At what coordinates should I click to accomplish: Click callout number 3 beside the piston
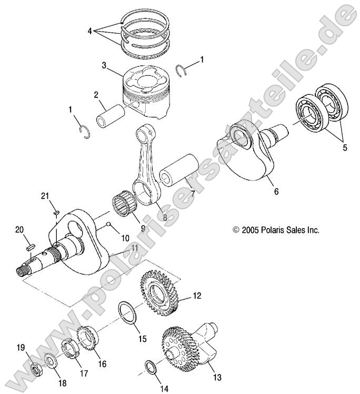point(105,65)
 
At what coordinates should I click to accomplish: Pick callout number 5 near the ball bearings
point(345,148)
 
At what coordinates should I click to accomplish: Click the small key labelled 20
point(31,245)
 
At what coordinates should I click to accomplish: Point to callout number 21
point(45,196)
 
